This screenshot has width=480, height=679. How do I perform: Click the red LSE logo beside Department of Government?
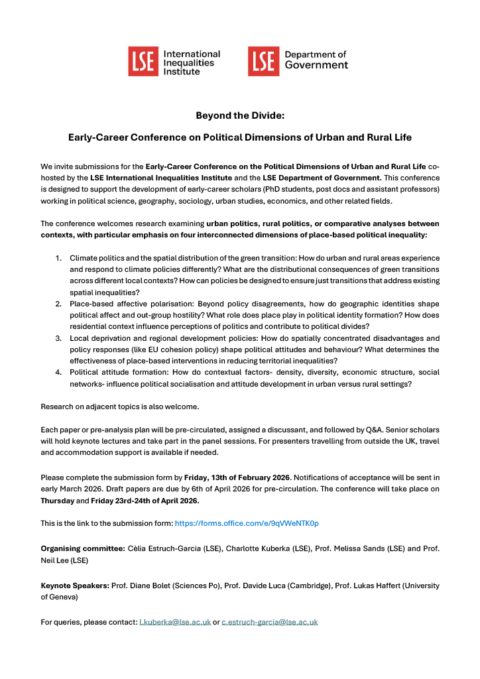click(263, 62)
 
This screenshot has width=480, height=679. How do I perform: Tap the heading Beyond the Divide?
click(239, 115)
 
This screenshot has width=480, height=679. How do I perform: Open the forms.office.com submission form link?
click(247, 523)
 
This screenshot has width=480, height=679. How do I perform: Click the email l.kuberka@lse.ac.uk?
click(175, 622)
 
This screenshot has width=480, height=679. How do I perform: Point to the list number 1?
click(58, 257)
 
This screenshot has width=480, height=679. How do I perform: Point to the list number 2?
click(58, 303)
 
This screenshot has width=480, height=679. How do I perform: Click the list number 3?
click(58, 338)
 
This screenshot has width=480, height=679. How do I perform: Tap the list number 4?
click(58, 372)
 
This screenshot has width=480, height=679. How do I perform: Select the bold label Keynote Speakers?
click(74, 586)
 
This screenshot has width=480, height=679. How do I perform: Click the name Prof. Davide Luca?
click(255, 586)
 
